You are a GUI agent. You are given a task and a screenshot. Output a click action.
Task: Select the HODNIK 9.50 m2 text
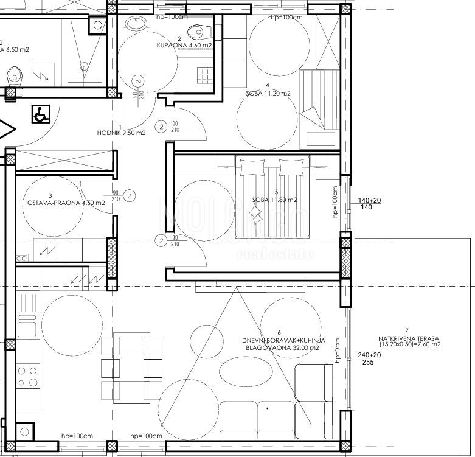pyautogui.click(x=121, y=133)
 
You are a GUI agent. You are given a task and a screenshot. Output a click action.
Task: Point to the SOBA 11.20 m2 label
pyautogui.click(x=268, y=94)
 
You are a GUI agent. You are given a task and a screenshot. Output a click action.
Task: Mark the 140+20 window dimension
pyautogui.click(x=369, y=200)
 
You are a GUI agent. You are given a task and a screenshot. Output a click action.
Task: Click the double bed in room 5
pyautogui.click(x=272, y=195)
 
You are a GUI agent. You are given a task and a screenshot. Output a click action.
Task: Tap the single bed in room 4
pyautogui.click(x=320, y=108)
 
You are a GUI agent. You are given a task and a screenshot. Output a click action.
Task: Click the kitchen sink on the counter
pyautogui.click(x=26, y=329)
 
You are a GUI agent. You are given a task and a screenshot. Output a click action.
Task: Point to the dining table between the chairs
pyautogui.click(x=131, y=365)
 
